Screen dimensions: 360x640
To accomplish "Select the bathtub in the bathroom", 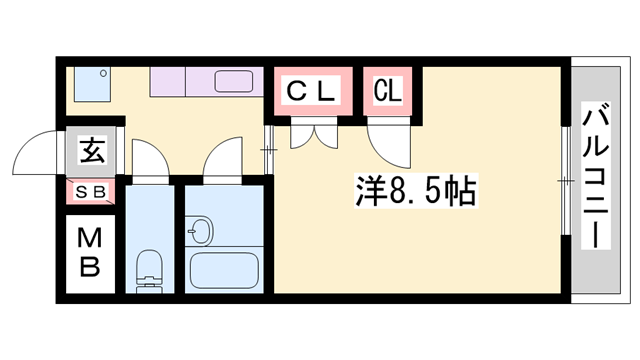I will point(225,271).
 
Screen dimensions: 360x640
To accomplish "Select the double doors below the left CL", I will point(312,133).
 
